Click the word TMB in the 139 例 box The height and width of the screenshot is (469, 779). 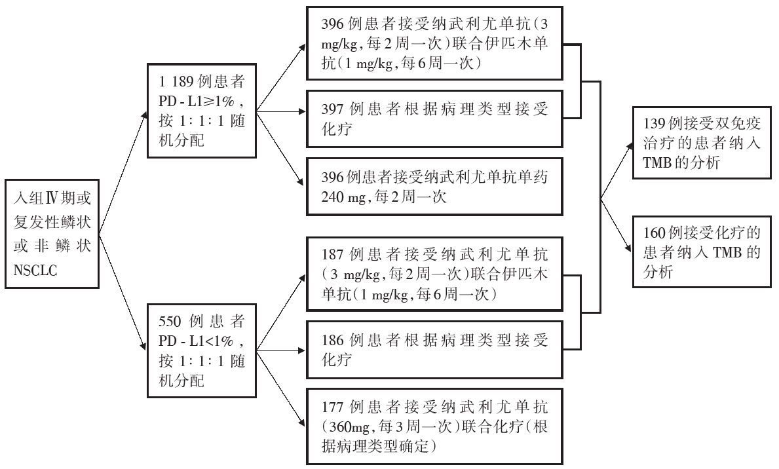655,163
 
